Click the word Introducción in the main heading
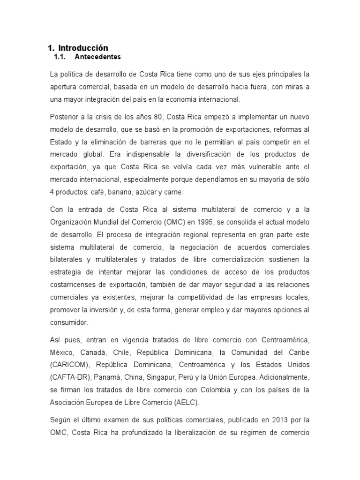83,48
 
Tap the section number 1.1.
60,57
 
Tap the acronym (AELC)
186,402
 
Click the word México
62,352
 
